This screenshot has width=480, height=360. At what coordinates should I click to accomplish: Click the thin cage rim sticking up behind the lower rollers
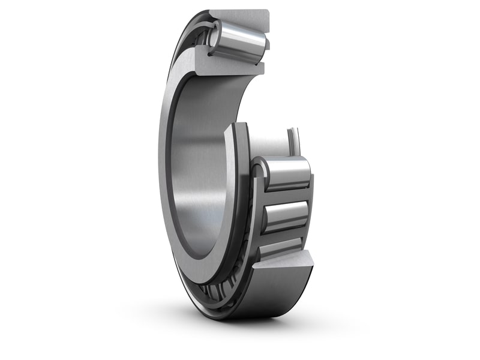pos(293,141)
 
